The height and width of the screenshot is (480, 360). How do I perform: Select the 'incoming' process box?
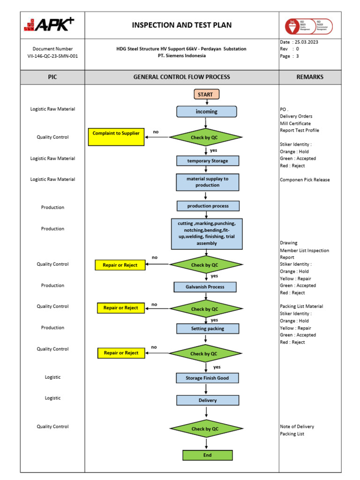(207, 112)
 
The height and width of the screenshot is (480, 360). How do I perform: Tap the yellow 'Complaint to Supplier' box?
(116, 136)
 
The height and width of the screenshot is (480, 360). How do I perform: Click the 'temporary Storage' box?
(208, 161)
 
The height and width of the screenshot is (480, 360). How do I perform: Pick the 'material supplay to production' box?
(208, 182)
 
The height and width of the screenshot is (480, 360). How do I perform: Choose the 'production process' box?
(208, 206)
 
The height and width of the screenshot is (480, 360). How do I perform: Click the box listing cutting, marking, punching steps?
(207, 233)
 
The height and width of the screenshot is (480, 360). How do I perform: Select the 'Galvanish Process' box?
(205, 287)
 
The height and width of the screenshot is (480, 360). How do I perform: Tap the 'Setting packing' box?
(208, 329)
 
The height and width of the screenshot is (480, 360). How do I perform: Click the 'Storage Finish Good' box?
(208, 378)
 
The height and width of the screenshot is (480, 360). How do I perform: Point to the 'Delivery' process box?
(208, 400)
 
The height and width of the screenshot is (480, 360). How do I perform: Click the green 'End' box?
(208, 455)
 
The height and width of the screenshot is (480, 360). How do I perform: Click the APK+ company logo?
(49, 24)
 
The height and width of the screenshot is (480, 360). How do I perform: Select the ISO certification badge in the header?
(309, 26)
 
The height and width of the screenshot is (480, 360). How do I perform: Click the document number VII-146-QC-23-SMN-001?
(52, 55)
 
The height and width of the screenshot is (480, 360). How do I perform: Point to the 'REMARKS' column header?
(310, 77)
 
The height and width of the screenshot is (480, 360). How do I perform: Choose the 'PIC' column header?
(52, 77)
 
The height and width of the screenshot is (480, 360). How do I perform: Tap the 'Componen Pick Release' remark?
(305, 180)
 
